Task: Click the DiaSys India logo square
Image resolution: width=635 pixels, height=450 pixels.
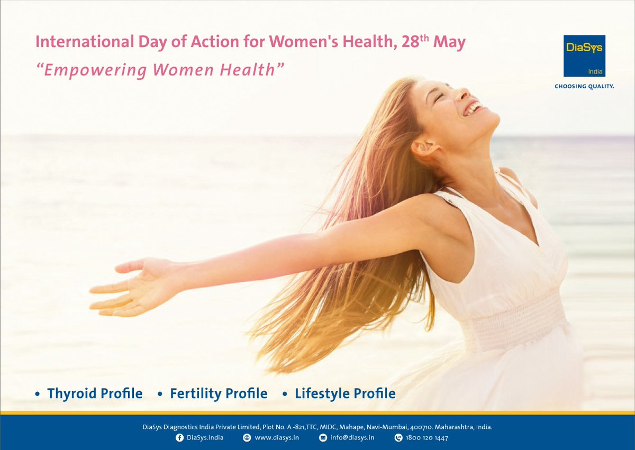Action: pos(584,56)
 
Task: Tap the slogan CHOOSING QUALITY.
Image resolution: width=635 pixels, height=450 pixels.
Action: pos(584,86)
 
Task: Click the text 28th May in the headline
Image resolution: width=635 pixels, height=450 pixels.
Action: pos(433,42)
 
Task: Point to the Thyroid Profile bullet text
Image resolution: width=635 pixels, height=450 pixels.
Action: pos(95,393)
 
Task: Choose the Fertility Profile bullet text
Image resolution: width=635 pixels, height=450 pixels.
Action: pos(219,393)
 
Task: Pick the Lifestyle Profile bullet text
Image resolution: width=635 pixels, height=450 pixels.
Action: pos(345,393)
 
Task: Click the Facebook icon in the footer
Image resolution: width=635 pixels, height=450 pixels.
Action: pos(179,438)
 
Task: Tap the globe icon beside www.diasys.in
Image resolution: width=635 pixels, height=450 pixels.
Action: pos(247,438)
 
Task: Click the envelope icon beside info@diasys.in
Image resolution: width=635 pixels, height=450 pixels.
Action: pos(323,438)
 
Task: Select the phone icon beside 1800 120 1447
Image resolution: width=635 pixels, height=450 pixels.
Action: pos(398,438)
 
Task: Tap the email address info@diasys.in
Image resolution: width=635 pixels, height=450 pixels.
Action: pos(352,438)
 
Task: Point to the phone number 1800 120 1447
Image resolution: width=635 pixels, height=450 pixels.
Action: pos(427,438)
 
